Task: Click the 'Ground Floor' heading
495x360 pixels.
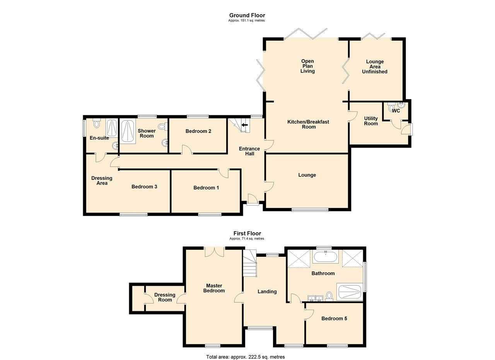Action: point(247,15)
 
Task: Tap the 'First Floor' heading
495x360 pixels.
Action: point(247,234)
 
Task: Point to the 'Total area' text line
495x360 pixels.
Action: point(245,357)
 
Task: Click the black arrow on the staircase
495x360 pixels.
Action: point(245,125)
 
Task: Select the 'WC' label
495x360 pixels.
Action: point(396,111)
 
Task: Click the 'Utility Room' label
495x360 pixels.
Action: point(371,121)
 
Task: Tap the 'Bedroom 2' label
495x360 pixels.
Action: point(198,131)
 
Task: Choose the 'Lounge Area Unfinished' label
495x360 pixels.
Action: point(375,67)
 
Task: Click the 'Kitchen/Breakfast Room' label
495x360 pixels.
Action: point(308,124)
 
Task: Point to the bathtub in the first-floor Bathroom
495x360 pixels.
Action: point(326,257)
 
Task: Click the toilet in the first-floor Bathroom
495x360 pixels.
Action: point(329,296)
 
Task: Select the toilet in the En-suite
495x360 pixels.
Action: point(97,123)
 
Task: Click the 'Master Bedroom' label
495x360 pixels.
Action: point(214,288)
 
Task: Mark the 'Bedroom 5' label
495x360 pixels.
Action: point(334,319)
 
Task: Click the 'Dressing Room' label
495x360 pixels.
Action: point(165,297)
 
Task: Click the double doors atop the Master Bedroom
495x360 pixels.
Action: point(215,252)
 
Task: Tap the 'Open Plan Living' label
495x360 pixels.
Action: point(307,66)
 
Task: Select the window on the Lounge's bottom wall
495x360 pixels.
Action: point(310,210)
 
